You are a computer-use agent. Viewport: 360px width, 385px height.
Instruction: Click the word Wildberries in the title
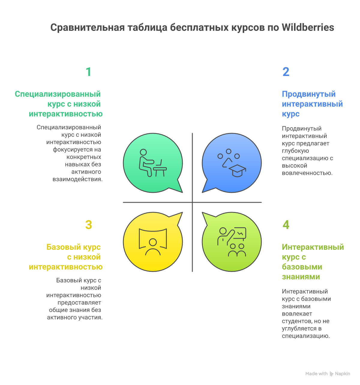coord(308,27)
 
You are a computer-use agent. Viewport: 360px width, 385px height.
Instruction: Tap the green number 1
coord(88,72)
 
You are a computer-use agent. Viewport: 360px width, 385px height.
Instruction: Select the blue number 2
coord(286,72)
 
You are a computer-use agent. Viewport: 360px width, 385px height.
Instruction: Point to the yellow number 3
coord(88,225)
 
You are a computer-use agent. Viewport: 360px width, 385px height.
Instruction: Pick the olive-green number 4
coord(286,225)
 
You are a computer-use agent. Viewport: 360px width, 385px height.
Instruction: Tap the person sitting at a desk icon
coord(153,163)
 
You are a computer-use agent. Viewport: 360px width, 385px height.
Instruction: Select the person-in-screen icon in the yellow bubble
coord(153,242)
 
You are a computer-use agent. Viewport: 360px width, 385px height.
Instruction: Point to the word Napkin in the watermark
coord(342,374)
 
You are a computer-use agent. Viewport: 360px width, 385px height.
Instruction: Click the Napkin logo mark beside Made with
coord(331,374)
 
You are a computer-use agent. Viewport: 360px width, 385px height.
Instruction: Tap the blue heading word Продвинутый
coord(309,94)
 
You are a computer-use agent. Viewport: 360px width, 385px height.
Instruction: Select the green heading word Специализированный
coord(58,94)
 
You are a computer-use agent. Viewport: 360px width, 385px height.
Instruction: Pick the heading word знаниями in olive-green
coord(301,277)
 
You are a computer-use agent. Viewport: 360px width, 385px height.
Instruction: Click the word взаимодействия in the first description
coord(77,179)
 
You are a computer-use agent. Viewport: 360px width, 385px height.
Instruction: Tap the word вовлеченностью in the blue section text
coord(307,173)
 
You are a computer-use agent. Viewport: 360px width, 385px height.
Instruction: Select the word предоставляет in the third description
coord(79,303)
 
